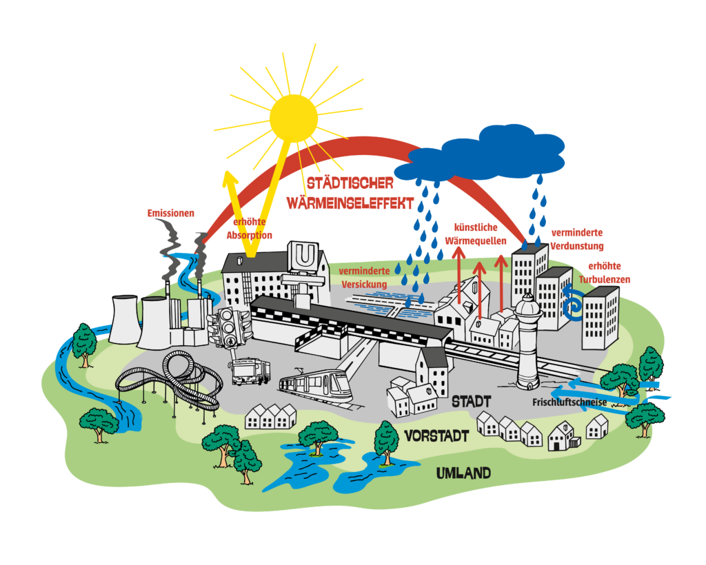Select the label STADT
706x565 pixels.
472,401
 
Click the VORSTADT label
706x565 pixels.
437,436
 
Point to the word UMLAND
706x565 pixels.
463,473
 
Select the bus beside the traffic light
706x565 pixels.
249,372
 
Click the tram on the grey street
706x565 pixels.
316,385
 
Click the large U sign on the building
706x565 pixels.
305,256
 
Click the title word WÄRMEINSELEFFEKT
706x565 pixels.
351,204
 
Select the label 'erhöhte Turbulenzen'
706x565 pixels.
604,273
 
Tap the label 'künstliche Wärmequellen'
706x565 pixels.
480,234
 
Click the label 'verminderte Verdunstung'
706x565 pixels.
578,240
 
